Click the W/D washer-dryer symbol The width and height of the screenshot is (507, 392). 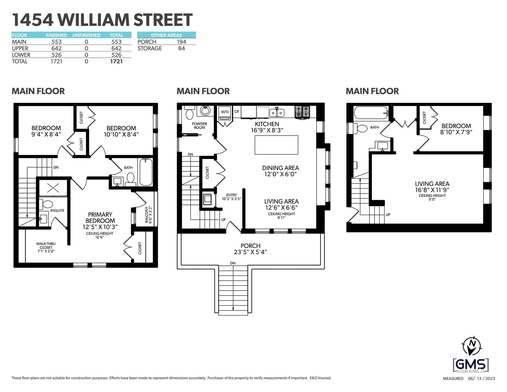point(225,113)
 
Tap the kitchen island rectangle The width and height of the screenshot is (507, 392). point(276,145)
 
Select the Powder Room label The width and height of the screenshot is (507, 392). point(200,126)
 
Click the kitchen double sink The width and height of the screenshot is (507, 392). point(277,113)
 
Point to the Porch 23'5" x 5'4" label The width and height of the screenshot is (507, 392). point(250,249)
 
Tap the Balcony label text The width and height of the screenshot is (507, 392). point(148,215)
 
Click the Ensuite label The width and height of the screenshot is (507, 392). point(57,210)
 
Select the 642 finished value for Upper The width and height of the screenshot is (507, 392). point(56,48)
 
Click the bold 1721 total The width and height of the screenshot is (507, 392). point(116,62)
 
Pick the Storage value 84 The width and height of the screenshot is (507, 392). point(182,48)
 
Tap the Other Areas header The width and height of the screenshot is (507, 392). point(166,35)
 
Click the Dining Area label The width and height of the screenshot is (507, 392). point(280,171)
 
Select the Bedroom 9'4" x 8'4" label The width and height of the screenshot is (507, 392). point(46,131)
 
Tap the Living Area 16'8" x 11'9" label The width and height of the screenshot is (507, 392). point(432,187)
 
